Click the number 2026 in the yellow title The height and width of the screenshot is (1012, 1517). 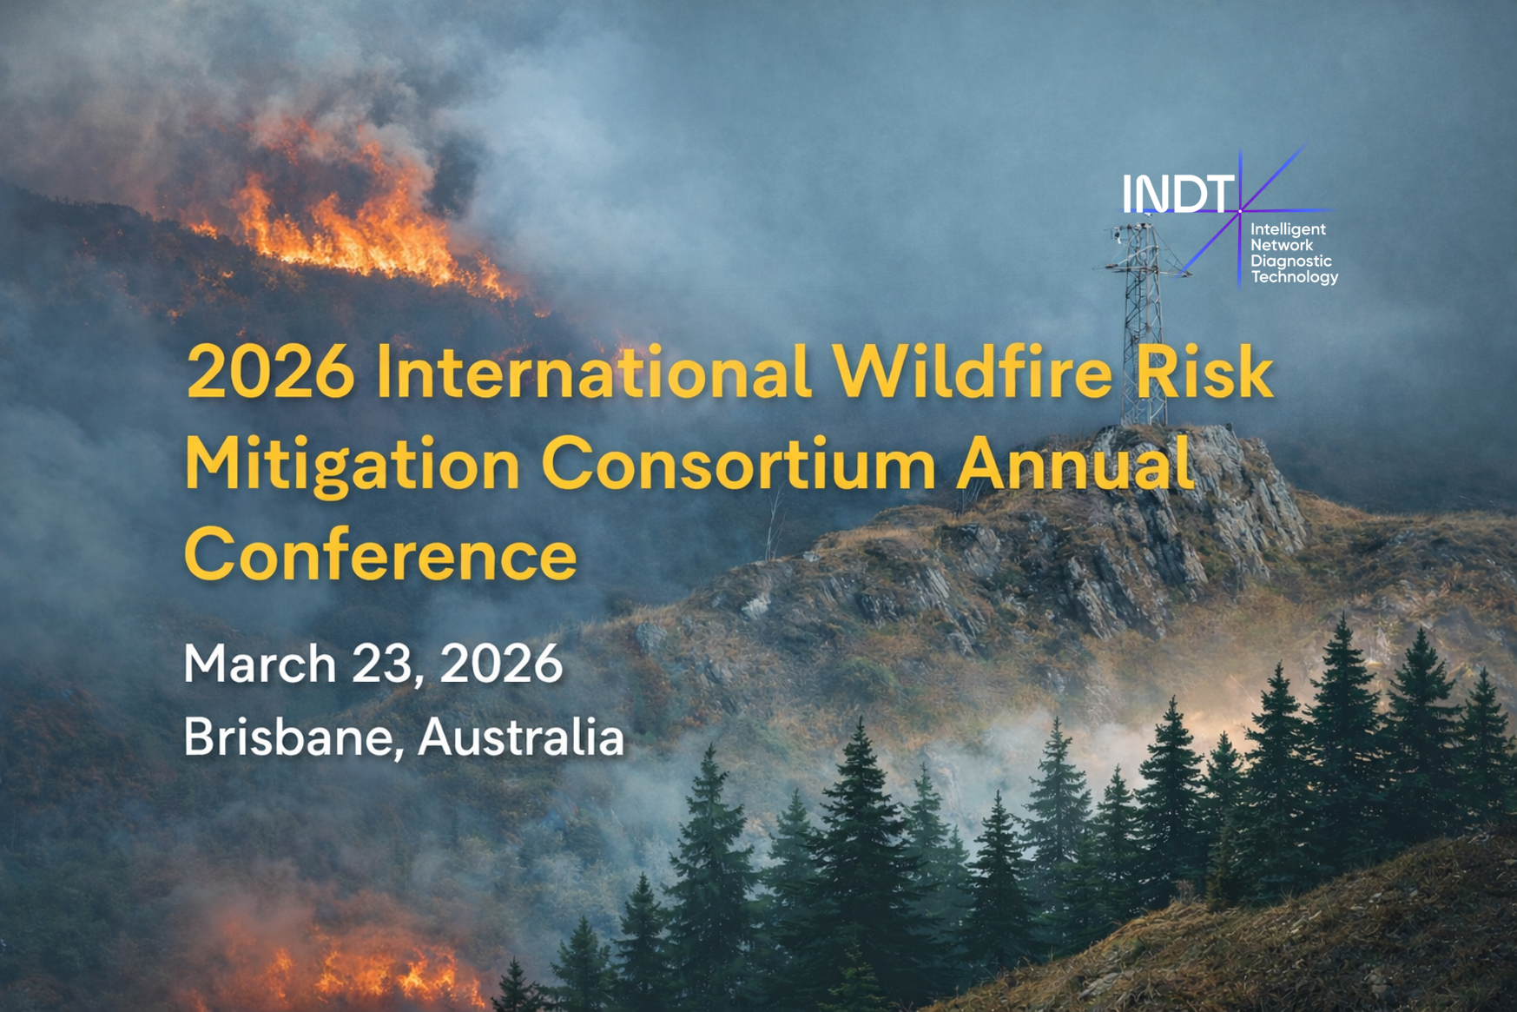[271, 372]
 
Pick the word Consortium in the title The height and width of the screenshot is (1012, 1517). [739, 464]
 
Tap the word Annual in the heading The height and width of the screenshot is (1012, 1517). [1076, 463]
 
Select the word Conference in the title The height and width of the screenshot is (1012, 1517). [380, 553]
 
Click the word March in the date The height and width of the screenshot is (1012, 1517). [261, 664]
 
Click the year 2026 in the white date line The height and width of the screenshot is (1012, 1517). [501, 664]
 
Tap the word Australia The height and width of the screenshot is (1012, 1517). [521, 737]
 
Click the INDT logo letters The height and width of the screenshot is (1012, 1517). [1178, 194]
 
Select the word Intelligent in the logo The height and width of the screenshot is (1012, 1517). [1288, 230]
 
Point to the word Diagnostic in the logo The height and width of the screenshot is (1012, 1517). [1291, 261]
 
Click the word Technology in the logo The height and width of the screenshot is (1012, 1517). [1295, 277]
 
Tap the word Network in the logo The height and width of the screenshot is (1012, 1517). [1282, 245]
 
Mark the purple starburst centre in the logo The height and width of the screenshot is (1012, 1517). [1240, 211]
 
